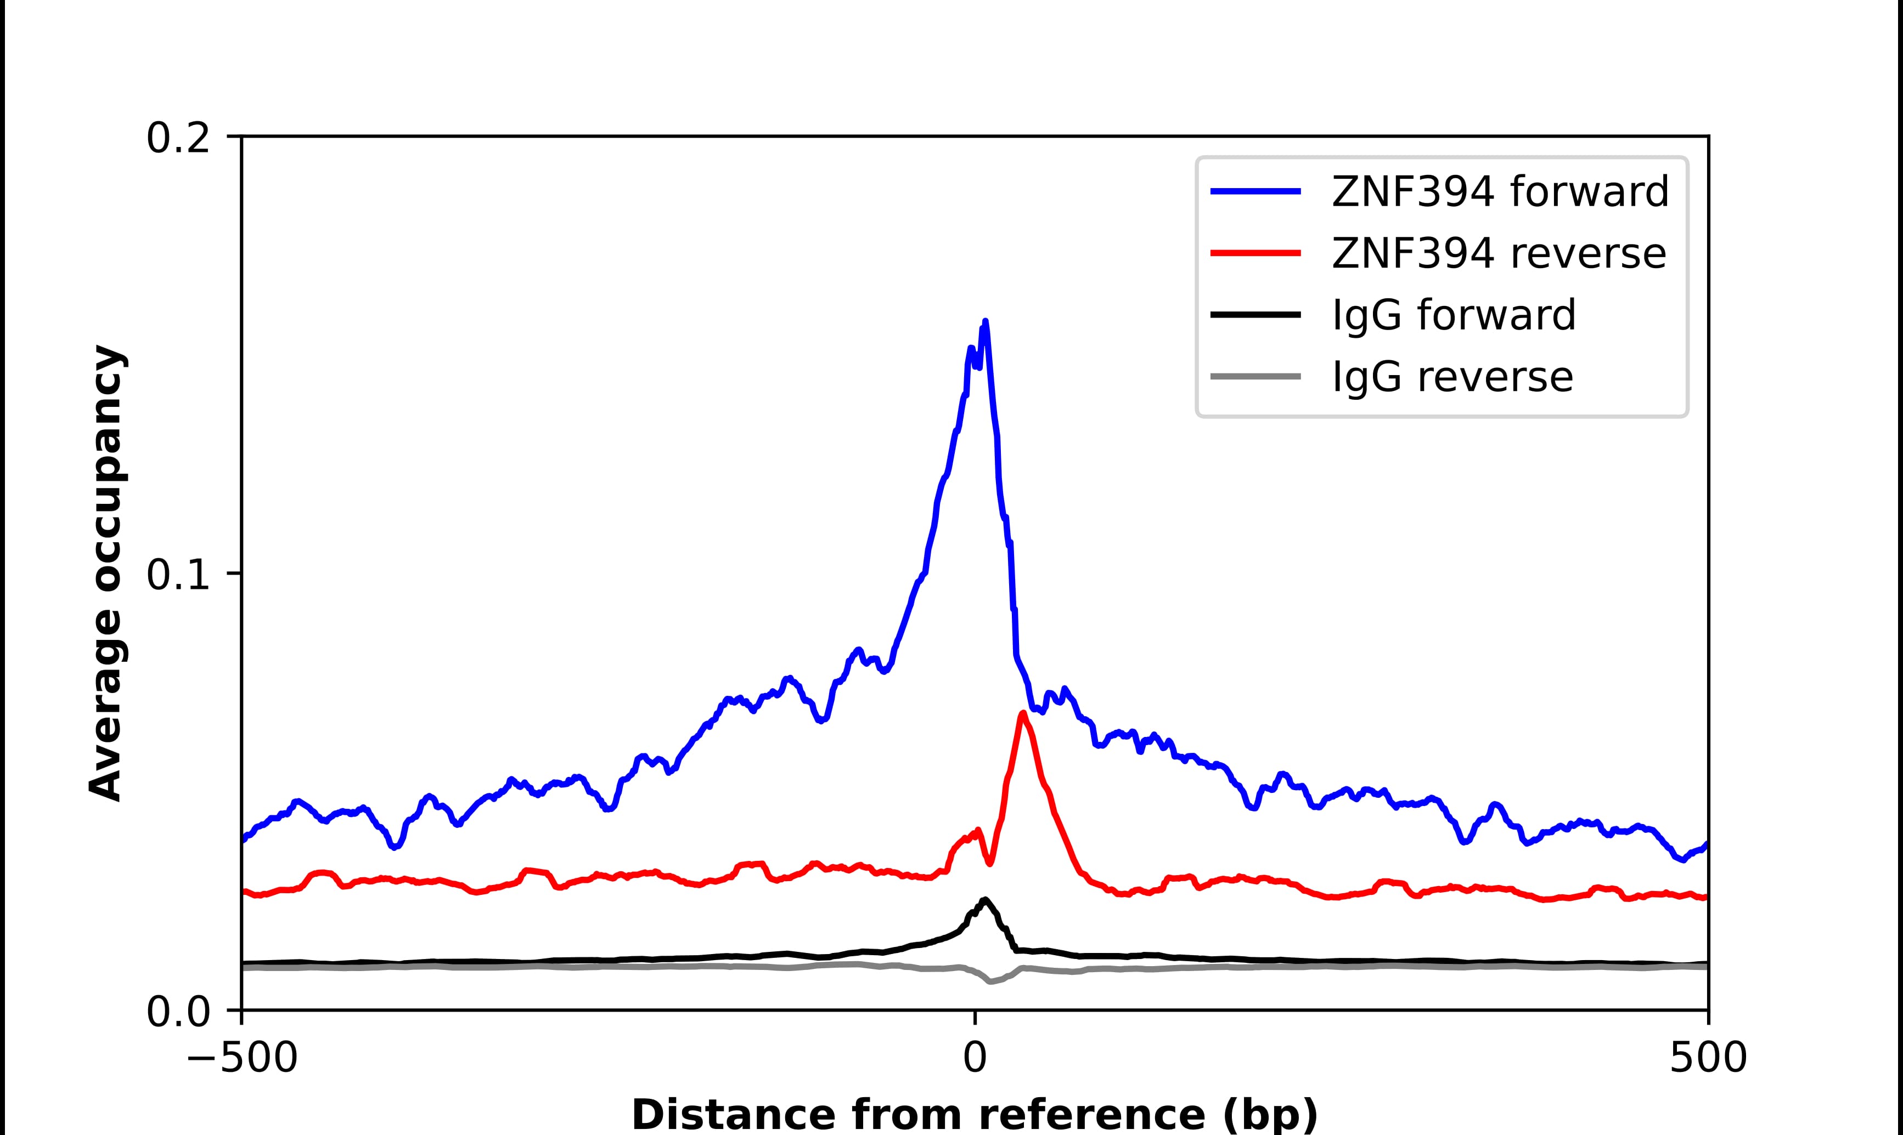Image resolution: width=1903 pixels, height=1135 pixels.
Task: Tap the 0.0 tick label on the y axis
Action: click(x=178, y=1012)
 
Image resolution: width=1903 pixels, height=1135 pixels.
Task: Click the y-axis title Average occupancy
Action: click(x=105, y=574)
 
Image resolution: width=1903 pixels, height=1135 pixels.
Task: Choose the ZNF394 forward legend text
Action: click(x=1500, y=191)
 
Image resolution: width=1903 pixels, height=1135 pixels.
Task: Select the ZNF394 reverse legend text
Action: click(x=1498, y=253)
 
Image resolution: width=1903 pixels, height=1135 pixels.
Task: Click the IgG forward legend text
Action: click(x=1454, y=315)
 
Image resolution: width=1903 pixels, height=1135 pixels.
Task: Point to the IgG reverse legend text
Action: click(x=1452, y=377)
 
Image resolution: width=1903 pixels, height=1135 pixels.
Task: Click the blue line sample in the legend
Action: click(x=1255, y=191)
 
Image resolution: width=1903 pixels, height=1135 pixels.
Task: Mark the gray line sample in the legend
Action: click(x=1255, y=376)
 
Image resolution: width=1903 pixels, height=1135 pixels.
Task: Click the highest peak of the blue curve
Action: click(x=985, y=321)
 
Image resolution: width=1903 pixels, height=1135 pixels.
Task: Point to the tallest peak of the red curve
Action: click(x=1022, y=713)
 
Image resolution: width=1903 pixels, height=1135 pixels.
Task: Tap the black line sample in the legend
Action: click(x=1255, y=314)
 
